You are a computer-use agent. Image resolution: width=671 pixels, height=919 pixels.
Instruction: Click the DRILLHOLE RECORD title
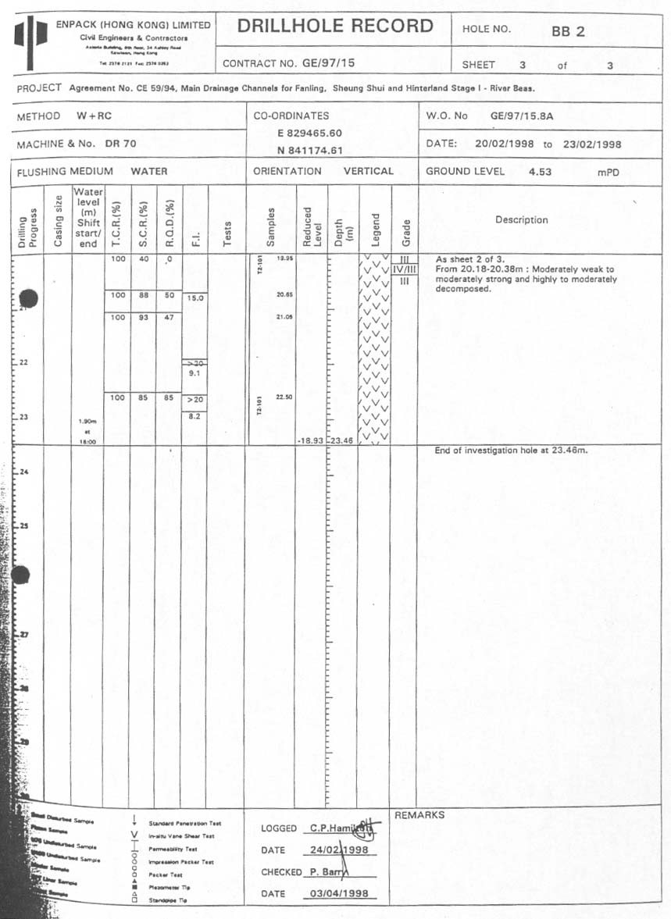(x=335, y=27)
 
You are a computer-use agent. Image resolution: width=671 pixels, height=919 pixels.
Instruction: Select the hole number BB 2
(x=567, y=32)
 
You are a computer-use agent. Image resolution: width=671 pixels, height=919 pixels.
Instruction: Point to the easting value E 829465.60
(x=309, y=134)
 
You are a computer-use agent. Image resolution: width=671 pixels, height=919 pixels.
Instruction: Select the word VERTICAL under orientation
(x=368, y=171)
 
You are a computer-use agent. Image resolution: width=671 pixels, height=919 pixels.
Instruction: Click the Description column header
(x=522, y=220)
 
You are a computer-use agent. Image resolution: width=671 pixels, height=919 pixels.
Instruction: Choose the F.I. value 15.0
(x=195, y=298)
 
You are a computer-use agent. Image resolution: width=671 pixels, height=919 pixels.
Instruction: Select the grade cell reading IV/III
(x=405, y=269)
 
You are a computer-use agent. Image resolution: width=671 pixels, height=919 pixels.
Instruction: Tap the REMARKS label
(x=419, y=815)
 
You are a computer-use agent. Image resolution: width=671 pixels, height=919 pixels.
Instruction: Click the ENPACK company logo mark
(x=31, y=37)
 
